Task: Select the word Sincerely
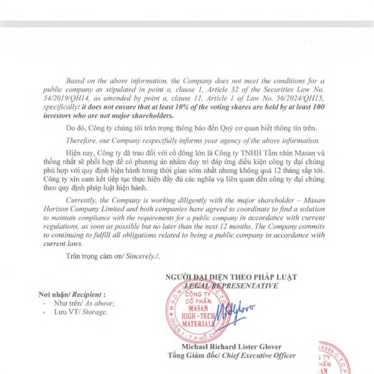(x=144, y=255)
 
